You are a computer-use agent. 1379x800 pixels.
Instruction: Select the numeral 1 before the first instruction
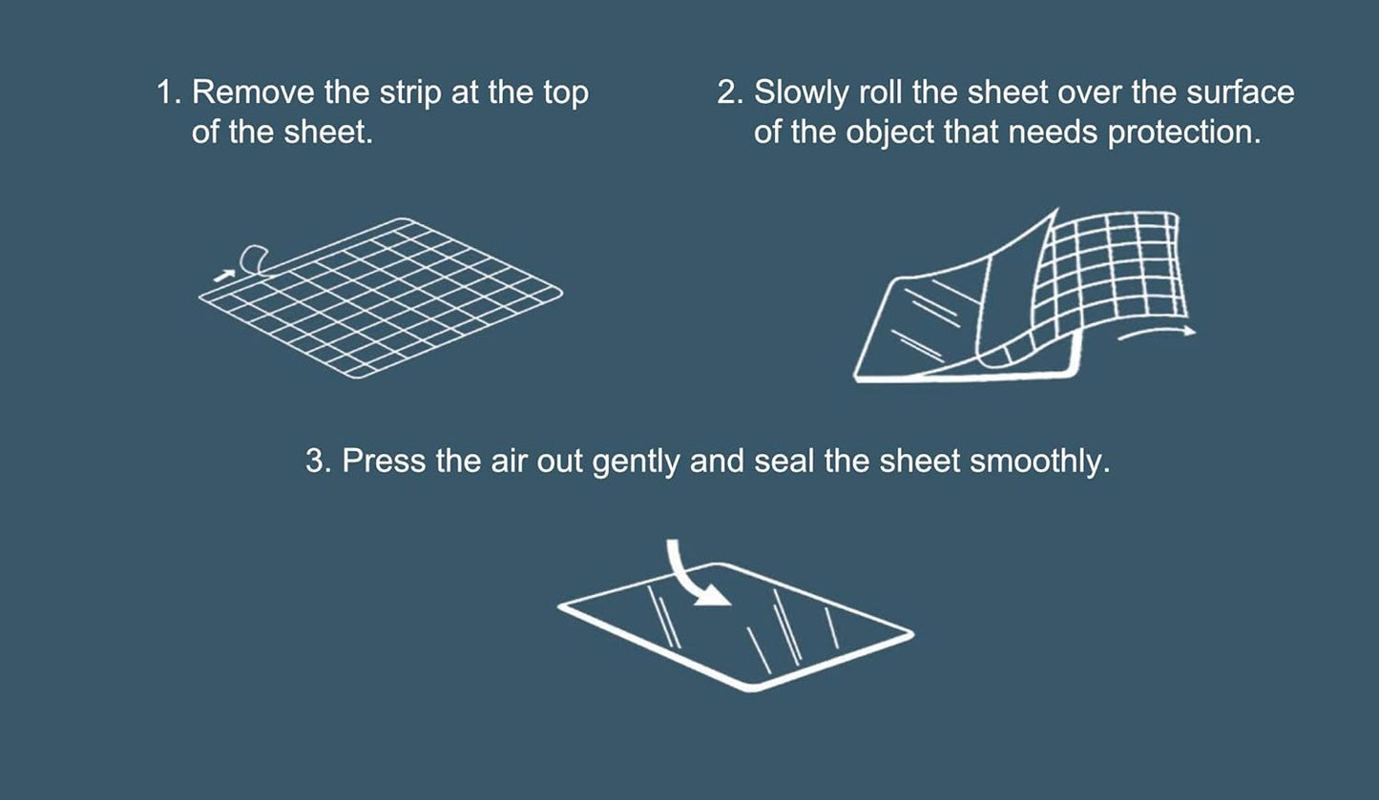[x=165, y=93]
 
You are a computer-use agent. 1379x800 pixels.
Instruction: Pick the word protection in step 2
[x=1183, y=133]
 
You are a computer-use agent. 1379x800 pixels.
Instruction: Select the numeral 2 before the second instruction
[x=727, y=93]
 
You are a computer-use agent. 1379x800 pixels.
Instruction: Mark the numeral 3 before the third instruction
[x=316, y=462]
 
